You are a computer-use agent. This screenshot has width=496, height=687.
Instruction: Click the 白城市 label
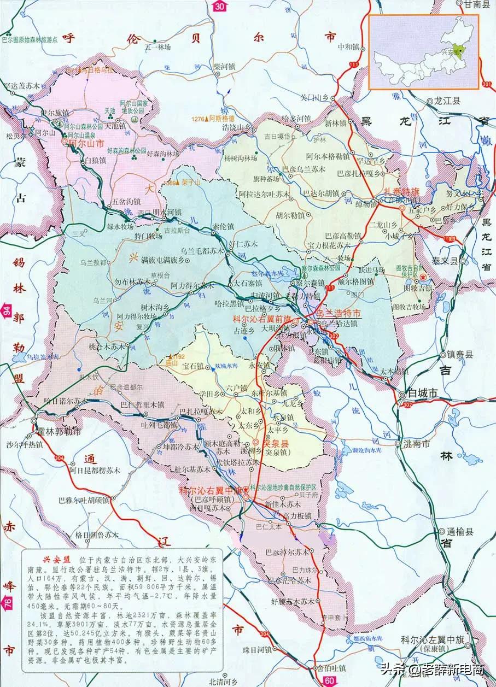(424, 394)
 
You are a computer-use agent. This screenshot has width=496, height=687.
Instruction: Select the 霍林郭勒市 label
(61, 431)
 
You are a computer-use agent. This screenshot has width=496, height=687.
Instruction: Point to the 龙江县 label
(447, 102)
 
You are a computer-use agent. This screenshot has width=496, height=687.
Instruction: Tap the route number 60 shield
(328, 680)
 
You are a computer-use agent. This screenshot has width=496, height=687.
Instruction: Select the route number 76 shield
(7, 603)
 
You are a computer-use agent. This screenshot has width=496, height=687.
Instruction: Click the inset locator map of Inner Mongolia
(424, 52)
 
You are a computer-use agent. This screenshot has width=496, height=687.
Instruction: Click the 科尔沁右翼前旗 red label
(262, 318)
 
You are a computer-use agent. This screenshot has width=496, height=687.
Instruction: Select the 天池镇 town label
(116, 126)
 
